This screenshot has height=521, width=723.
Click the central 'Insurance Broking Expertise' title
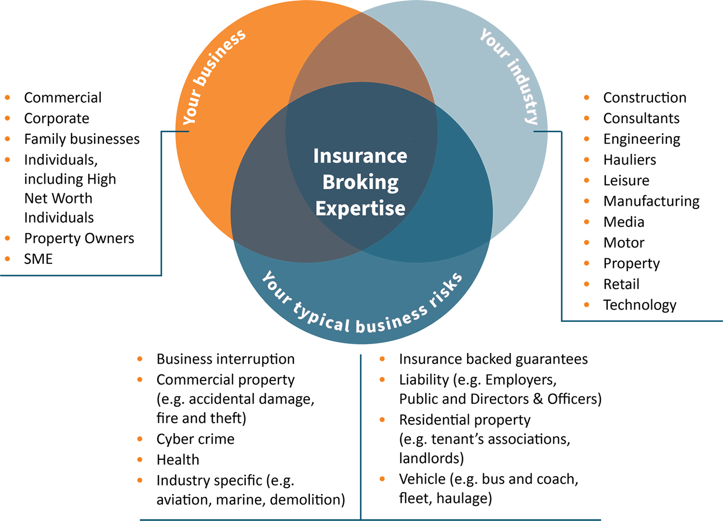(x=360, y=182)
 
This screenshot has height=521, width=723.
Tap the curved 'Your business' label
(x=214, y=77)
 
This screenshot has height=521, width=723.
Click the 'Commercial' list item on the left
(x=63, y=98)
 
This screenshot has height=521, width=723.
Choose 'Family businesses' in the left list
(x=82, y=139)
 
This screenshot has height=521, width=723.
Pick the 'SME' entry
(x=39, y=259)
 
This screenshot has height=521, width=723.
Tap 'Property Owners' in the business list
(x=79, y=238)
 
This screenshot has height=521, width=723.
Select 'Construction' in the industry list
(x=644, y=98)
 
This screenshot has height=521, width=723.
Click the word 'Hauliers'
(x=629, y=160)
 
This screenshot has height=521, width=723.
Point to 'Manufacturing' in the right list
(x=651, y=201)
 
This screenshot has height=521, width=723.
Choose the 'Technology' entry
(x=640, y=305)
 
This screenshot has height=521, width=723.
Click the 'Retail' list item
(x=621, y=284)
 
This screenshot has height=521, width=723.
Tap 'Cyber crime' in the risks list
(x=195, y=439)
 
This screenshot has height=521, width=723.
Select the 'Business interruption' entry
(x=226, y=359)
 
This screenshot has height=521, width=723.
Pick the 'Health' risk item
(x=178, y=459)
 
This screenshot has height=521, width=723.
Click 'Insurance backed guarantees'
(x=493, y=359)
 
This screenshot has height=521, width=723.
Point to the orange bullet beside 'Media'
(x=587, y=222)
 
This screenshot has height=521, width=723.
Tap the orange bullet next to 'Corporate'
(x=8, y=118)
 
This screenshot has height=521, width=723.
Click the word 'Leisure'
(x=626, y=181)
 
